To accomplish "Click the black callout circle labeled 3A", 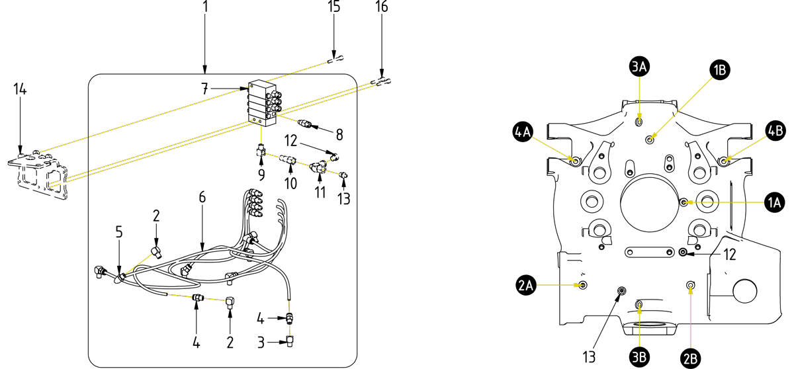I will click(639, 66).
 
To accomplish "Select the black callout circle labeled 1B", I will click(719, 70).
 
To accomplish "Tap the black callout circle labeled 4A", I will click(523, 132).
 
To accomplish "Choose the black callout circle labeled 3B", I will click(639, 357).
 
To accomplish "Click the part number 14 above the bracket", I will click(21, 89).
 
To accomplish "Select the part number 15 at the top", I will click(334, 7).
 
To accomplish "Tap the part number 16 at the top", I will click(382, 7).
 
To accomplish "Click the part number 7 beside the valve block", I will click(205, 89).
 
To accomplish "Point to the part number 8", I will click(339, 135).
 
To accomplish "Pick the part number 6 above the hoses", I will click(202, 197).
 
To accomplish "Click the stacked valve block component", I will click(263, 103).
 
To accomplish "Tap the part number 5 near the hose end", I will click(119, 232).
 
